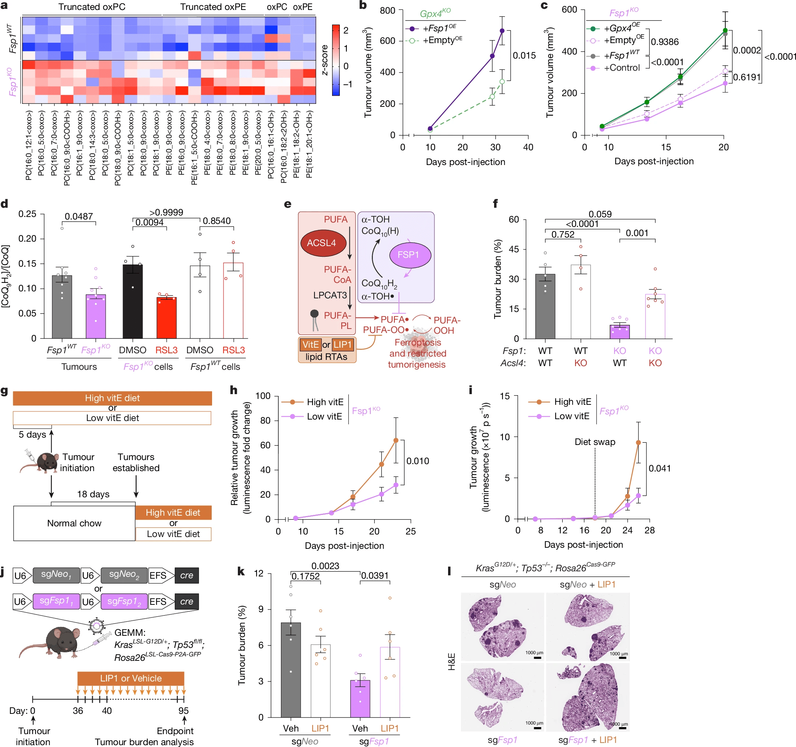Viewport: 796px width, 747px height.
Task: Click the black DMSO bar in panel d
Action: pos(133,301)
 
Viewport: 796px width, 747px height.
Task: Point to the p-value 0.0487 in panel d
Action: pos(79,217)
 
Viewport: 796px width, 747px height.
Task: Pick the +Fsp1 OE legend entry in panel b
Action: pos(439,28)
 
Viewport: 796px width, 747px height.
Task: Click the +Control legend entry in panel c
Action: pos(621,68)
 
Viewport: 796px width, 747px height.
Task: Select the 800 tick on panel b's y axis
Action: pos(387,10)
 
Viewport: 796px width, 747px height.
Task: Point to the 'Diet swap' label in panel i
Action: pos(595,442)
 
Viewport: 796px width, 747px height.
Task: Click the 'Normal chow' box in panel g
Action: pos(74,523)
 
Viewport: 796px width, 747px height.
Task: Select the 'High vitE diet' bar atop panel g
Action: pos(112,398)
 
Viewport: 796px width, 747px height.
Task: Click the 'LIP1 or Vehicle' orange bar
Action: pos(131,678)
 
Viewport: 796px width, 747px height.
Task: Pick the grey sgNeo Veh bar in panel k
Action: pos(291,669)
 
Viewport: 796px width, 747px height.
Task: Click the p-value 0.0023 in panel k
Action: pos(325,566)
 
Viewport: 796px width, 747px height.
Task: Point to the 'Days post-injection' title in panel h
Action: pos(344,546)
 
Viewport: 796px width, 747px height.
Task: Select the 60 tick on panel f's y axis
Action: pos(513,220)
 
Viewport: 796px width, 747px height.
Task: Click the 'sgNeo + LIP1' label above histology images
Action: pos(587,585)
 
